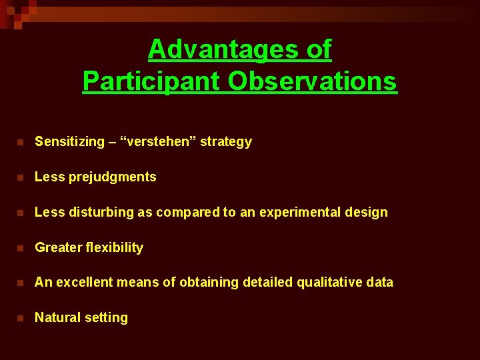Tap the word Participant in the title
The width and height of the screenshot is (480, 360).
pyautogui.click(x=151, y=81)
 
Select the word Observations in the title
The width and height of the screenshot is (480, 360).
pyautogui.click(x=312, y=81)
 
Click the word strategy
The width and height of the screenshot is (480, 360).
pyautogui.click(x=226, y=142)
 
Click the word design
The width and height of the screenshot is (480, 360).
pyautogui.click(x=369, y=213)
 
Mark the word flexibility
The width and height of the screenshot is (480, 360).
pyautogui.click(x=115, y=248)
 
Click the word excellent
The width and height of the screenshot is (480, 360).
pyautogui.click(x=85, y=283)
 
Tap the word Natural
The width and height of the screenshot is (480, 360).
pyautogui.click(x=57, y=318)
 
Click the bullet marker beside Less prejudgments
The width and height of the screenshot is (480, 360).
pyautogui.click(x=21, y=177)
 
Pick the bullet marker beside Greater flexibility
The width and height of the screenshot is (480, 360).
pyautogui.click(x=21, y=248)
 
